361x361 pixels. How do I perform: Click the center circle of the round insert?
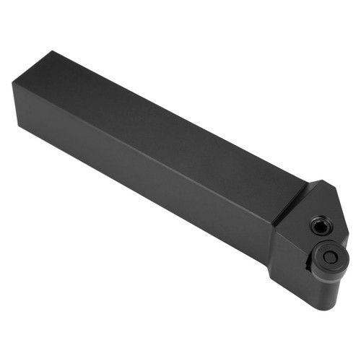[x=329, y=257]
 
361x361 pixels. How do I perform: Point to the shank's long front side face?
[x=144, y=173]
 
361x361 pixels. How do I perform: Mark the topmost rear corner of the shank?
[x=52, y=51]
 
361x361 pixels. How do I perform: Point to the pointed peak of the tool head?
[x=316, y=182]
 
